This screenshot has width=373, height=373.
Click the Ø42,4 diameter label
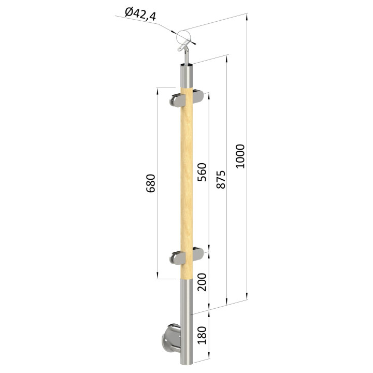click(x=140, y=14)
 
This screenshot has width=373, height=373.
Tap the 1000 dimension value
click(x=240, y=156)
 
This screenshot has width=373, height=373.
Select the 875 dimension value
click(x=221, y=179)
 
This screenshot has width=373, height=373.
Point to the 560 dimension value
click(x=202, y=172)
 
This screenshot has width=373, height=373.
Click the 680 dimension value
click(x=151, y=183)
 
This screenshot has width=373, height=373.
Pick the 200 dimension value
click(x=202, y=282)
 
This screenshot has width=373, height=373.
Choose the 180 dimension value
click(x=202, y=335)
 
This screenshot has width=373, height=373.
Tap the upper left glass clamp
click(x=178, y=101)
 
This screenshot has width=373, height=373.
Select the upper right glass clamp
click(x=198, y=96)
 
